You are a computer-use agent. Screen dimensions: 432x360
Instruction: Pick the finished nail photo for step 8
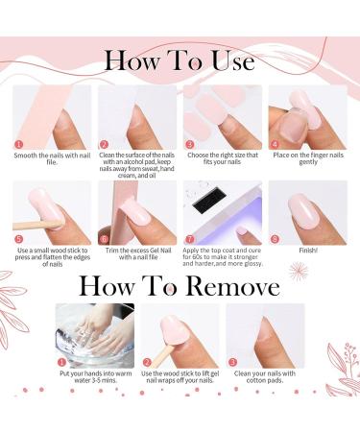[307, 206]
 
